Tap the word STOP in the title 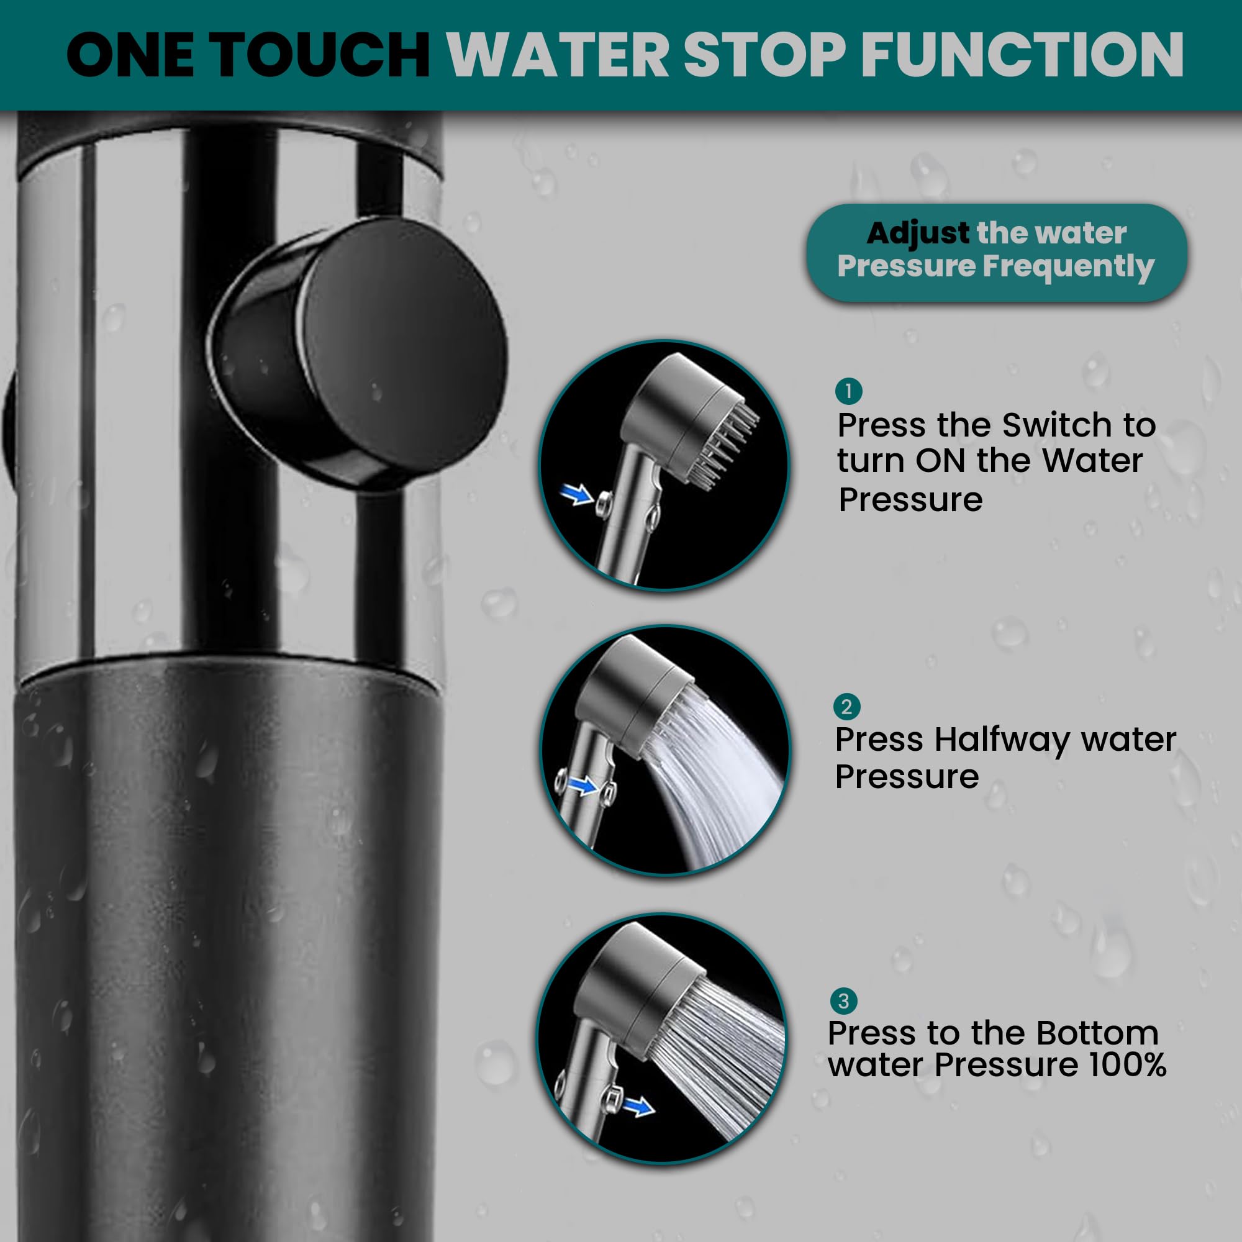coord(764,55)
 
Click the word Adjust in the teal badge coord(917,233)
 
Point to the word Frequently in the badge coord(1069,267)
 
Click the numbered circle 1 coord(848,391)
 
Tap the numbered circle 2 coord(846,707)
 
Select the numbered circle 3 coord(843,1001)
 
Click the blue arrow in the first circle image coord(577,494)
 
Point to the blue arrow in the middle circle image coord(584,784)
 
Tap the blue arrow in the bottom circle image coord(639,1106)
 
